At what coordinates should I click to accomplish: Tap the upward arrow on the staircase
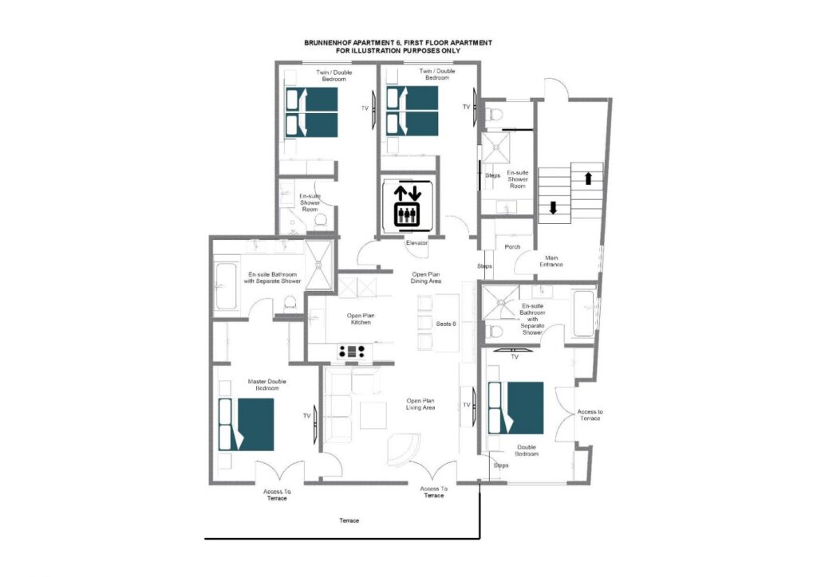coord(588,178)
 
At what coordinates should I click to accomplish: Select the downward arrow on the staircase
coord(554,207)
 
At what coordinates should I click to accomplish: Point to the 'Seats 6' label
coord(446,324)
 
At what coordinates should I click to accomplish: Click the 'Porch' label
coord(512,246)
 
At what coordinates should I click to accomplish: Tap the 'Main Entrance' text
coord(551,261)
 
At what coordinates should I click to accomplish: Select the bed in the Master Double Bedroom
coord(247,425)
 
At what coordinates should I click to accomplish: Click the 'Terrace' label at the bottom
coord(349,520)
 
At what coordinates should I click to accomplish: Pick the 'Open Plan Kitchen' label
coord(361,319)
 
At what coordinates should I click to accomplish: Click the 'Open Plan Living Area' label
coord(420,404)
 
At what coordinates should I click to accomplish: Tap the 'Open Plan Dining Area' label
coord(426,277)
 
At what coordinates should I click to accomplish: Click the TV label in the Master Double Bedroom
coord(307,416)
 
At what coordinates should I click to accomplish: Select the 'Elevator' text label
coord(416,242)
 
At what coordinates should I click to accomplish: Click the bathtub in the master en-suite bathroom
coord(226,288)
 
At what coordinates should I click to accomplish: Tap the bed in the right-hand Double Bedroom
coord(516,408)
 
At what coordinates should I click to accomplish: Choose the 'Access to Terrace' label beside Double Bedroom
coord(590,414)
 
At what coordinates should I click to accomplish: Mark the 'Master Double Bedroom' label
coord(267,384)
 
